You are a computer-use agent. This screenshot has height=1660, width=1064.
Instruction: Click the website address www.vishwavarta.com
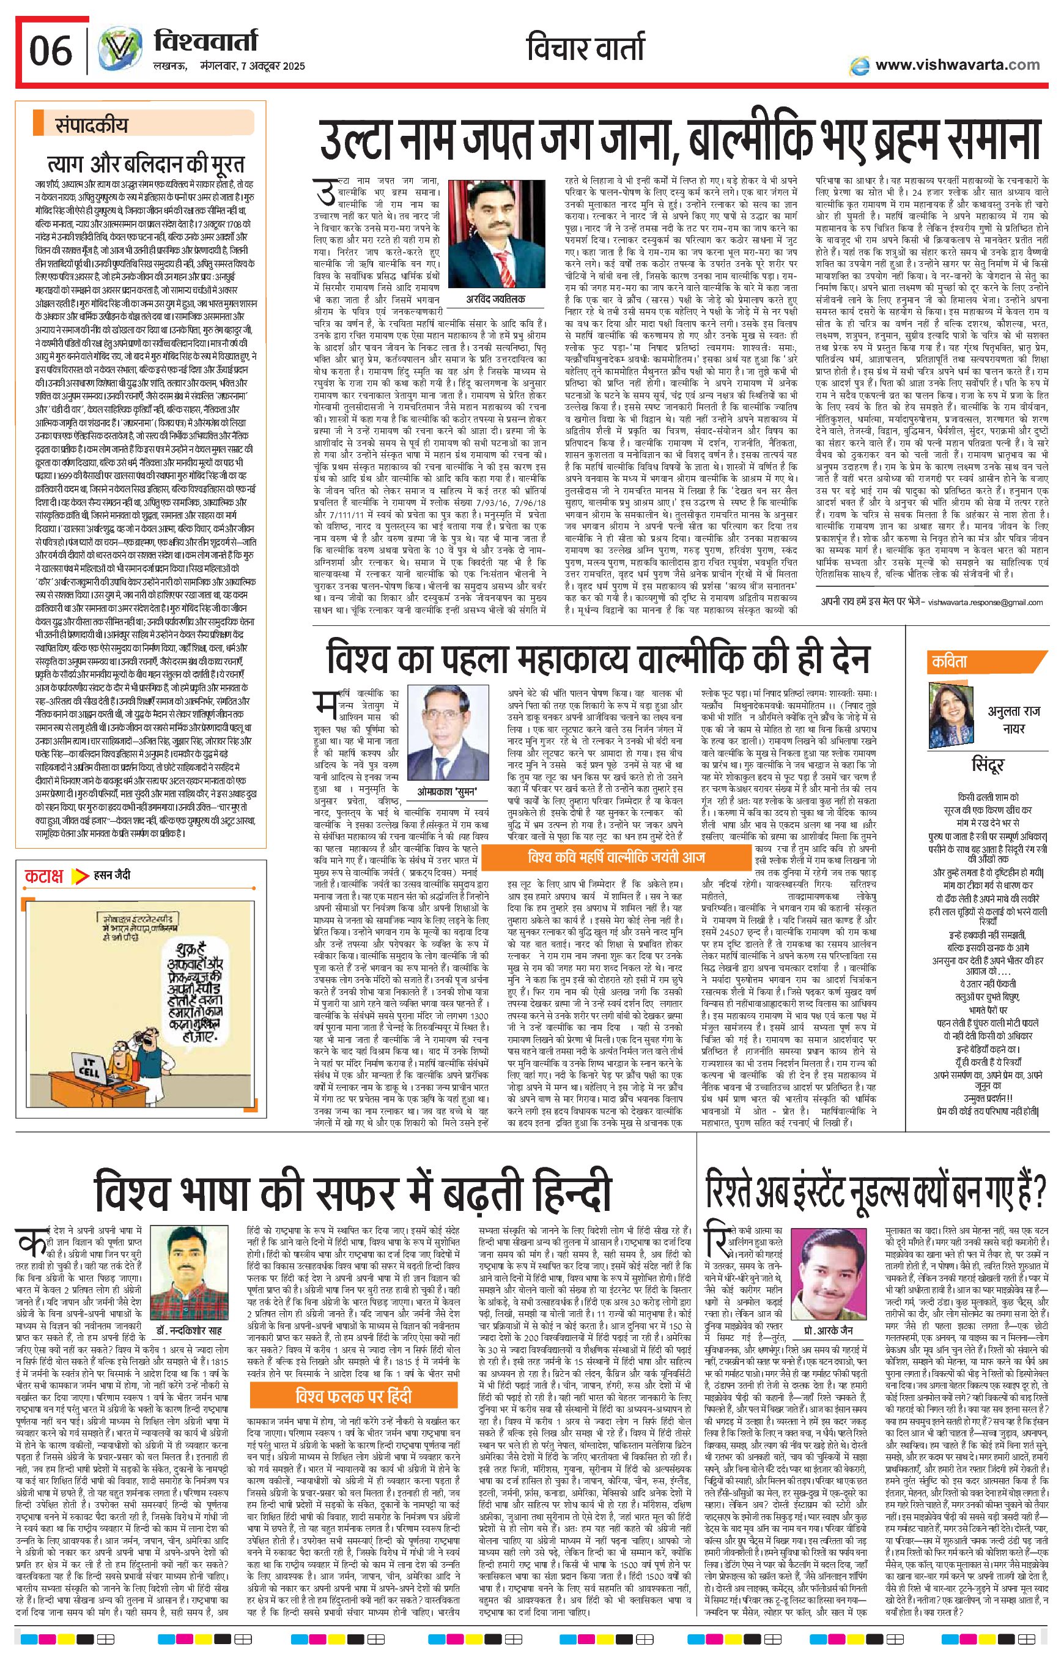(x=957, y=65)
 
